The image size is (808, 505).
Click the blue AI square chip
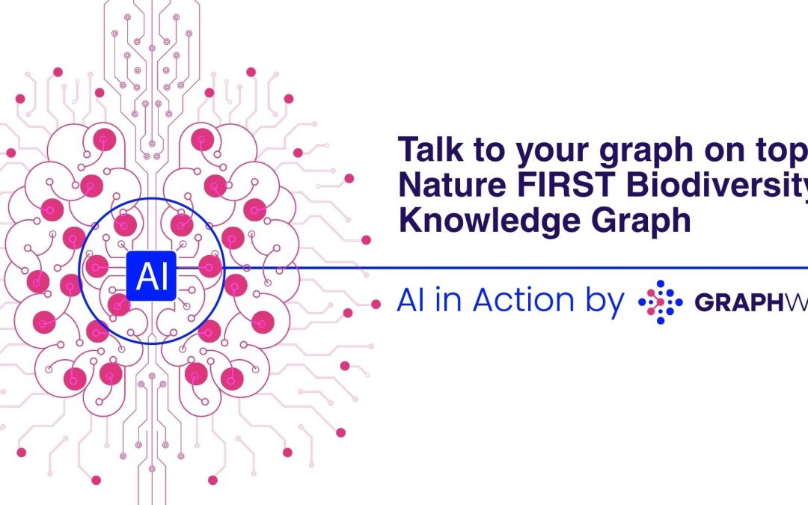coord(151,276)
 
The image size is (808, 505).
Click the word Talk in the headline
coord(429,151)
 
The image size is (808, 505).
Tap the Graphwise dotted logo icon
coord(660,302)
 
